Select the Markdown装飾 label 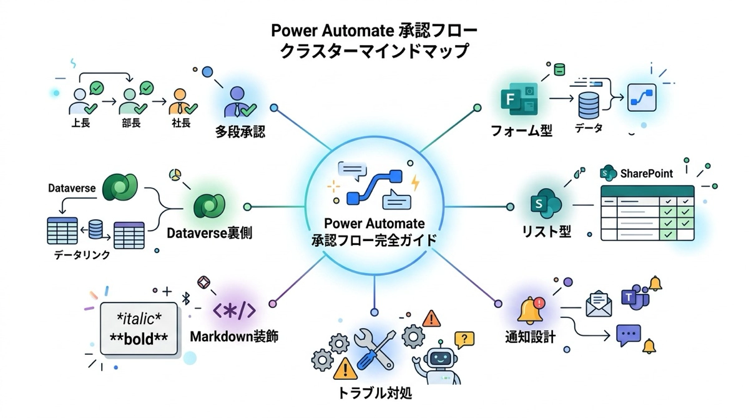pos(233,337)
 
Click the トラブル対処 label pos(374,394)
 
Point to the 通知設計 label pos(530,337)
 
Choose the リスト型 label pos(547,232)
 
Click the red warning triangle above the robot pos(431,319)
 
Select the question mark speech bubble pos(464,339)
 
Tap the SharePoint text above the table pos(646,173)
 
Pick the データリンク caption pos(82,254)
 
